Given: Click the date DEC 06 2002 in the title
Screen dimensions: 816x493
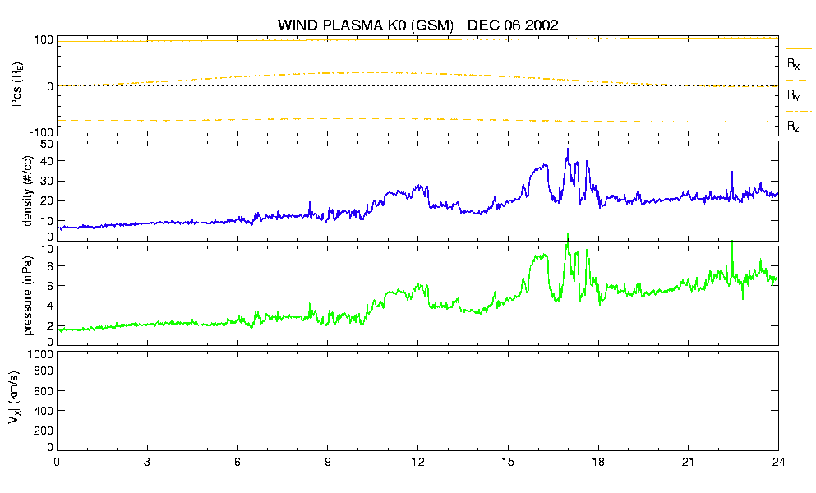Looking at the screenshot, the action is coord(513,25).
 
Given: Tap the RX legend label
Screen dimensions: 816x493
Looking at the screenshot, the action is coord(793,64).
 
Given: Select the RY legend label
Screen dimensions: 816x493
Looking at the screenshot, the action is coord(793,94).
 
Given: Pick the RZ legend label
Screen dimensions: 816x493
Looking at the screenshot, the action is coord(793,126).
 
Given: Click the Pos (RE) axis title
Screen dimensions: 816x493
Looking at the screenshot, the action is coord(16,85).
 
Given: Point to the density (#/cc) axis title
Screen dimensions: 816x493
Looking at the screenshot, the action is coord(28,191).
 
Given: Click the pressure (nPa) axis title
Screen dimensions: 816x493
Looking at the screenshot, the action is coord(28,295).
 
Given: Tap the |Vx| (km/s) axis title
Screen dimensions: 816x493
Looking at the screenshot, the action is coord(15,400).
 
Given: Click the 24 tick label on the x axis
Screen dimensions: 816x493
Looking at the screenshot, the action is coord(778,462).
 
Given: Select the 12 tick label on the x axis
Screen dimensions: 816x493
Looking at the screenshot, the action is coord(417,462).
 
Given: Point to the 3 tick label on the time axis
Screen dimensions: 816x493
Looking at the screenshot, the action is coord(147,462).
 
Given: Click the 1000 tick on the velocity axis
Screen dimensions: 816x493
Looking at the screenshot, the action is coord(41,355).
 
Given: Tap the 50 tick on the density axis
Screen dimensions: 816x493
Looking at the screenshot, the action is coord(46,145).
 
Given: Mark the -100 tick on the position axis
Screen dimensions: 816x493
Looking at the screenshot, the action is coord(42,132).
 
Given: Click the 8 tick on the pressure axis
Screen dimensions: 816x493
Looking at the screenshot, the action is coord(50,266).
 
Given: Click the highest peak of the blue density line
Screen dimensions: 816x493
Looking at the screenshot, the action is coord(568,149).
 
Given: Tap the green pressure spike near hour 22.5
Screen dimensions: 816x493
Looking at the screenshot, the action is coord(732,242).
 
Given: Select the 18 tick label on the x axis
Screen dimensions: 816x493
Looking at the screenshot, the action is coord(598,462).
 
